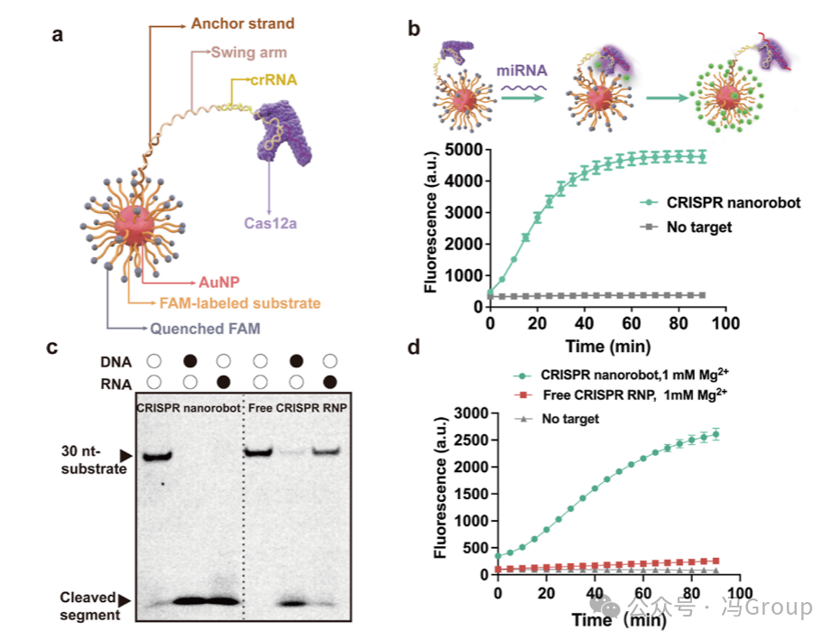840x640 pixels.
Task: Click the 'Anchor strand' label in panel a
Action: tap(244, 23)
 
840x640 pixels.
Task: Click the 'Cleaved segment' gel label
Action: tap(88, 606)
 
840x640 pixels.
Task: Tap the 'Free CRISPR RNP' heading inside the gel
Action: tap(299, 407)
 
